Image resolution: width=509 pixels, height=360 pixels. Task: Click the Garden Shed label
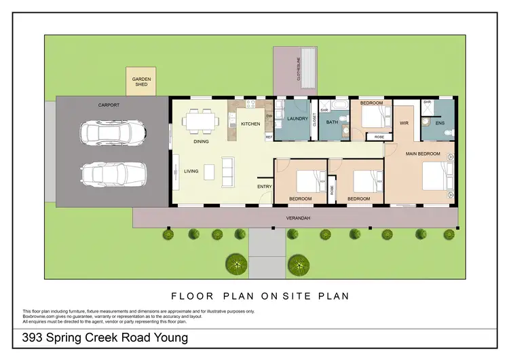point(142,84)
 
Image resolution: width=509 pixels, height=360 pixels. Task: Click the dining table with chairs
point(200,122)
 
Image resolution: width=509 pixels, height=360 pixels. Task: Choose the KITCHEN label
point(250,124)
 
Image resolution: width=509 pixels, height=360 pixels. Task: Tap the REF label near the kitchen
point(269,137)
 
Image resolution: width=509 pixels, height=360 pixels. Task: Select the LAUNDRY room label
point(297,119)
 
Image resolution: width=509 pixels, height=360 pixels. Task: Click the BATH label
point(332,122)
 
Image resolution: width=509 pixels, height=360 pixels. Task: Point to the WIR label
point(404,123)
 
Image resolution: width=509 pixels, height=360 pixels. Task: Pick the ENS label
point(439,124)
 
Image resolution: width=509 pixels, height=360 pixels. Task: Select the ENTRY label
point(264,186)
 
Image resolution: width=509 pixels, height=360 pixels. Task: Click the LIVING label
point(191,171)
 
